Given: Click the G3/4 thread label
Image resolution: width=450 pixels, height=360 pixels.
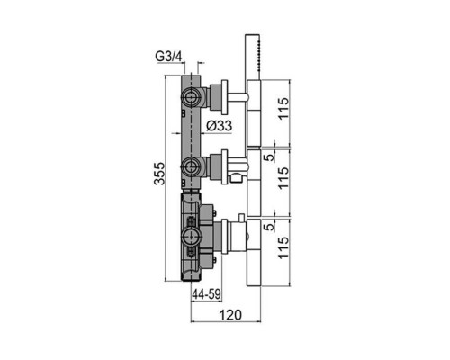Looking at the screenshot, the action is (168, 57).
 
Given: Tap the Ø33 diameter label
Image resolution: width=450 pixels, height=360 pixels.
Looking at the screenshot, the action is (220, 126).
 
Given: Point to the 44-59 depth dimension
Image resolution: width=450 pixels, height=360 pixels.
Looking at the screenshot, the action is (207, 294).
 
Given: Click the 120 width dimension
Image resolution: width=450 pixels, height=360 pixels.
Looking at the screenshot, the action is (230, 315).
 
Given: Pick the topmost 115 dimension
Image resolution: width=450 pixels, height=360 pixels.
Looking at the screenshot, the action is (283, 108).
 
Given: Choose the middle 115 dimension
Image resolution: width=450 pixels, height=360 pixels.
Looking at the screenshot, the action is (283, 177).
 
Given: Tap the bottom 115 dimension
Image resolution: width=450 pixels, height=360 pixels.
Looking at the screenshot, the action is (283, 247).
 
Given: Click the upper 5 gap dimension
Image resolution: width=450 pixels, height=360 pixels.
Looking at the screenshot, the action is (271, 157).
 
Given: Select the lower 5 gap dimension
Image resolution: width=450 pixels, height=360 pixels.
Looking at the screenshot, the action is (271, 227).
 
